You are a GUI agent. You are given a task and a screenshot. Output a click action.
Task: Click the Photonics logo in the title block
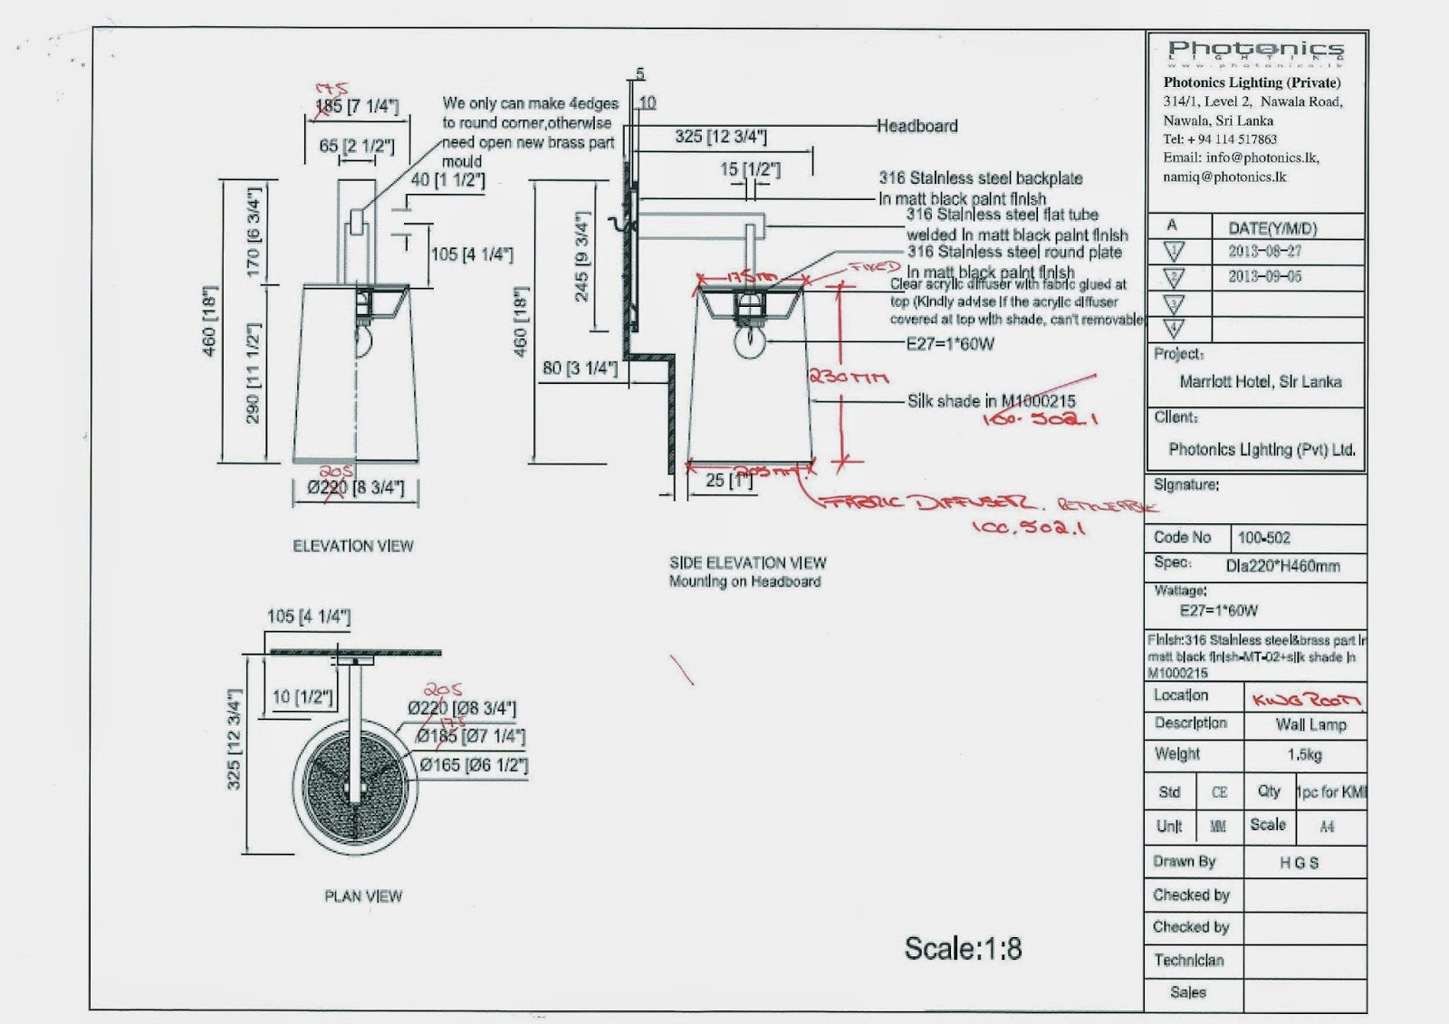click(x=1255, y=53)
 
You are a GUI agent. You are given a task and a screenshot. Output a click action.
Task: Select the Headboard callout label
click(x=916, y=126)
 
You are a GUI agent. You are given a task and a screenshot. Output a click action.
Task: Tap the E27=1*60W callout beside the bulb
click(x=950, y=344)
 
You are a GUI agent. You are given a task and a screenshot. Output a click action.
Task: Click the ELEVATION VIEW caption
click(x=352, y=546)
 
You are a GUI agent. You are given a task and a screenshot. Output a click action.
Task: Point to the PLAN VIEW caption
click(x=363, y=896)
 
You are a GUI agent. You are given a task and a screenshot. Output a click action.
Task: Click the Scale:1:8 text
click(x=963, y=949)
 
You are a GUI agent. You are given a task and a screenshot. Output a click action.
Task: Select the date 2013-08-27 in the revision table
click(x=1264, y=252)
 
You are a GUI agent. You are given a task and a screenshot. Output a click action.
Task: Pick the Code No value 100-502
click(x=1263, y=538)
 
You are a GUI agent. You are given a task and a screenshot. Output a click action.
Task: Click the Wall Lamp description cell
click(x=1310, y=724)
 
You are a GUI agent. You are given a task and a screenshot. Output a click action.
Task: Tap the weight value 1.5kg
click(x=1304, y=754)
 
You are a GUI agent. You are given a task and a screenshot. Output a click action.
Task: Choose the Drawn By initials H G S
click(x=1299, y=863)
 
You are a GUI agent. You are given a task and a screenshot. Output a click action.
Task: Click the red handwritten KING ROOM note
click(x=1306, y=699)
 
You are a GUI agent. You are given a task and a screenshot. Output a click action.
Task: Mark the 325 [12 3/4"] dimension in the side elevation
click(x=720, y=137)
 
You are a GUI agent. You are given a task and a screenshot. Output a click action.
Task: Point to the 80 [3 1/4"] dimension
click(x=580, y=368)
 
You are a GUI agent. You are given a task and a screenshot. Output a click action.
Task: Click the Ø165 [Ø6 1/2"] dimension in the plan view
click(x=474, y=765)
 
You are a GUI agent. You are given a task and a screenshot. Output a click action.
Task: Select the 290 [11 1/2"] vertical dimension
click(x=254, y=373)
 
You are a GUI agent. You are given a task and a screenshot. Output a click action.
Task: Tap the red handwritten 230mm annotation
click(x=848, y=377)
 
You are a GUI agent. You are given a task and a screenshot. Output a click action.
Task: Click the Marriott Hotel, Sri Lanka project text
click(x=1260, y=382)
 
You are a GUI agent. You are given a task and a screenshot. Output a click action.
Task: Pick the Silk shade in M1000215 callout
click(x=991, y=400)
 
